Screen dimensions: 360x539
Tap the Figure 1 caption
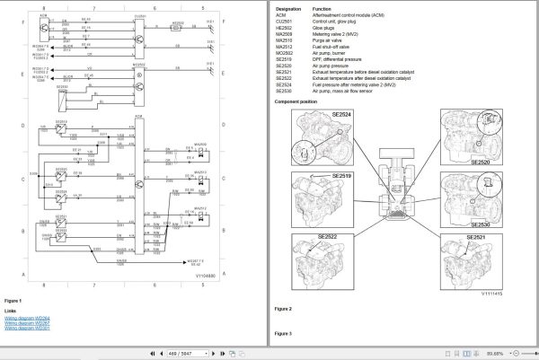[13, 301]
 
